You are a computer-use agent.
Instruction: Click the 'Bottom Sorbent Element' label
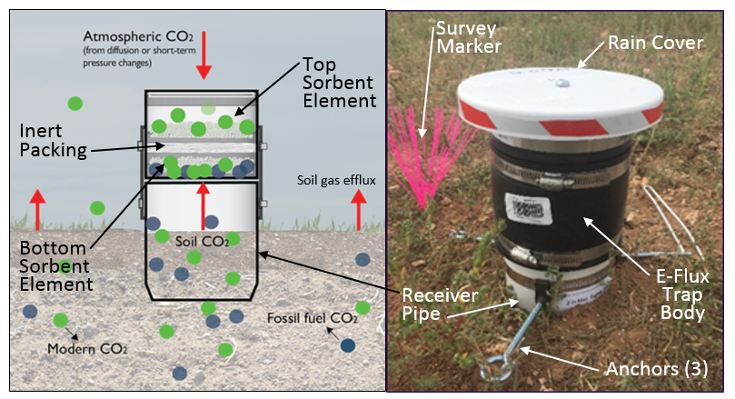tap(54, 265)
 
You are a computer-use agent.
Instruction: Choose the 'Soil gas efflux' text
tap(336, 180)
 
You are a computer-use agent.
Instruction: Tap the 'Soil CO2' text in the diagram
tap(202, 240)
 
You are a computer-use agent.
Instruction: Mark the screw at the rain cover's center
tap(563, 83)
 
